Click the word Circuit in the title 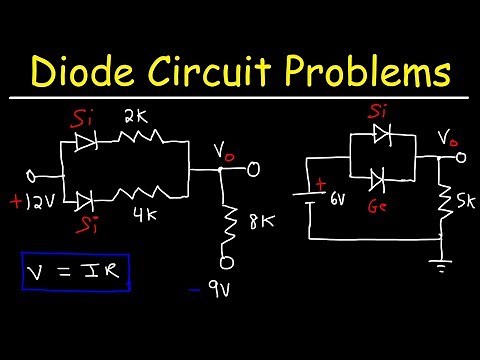pyautogui.click(x=233, y=72)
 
